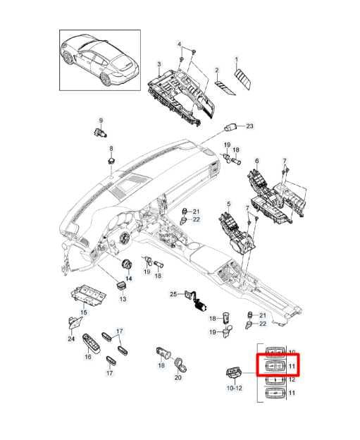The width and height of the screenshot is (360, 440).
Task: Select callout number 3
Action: pos(159,65)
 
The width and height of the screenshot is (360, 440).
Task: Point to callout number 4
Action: pos(180,44)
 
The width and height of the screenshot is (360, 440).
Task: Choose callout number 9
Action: pos(101,120)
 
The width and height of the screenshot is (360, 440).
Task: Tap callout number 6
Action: pos(256,161)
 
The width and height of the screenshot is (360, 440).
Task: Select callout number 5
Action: pos(228,204)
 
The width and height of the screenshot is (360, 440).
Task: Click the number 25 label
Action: pos(173,293)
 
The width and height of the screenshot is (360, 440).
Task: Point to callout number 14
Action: pos(128,279)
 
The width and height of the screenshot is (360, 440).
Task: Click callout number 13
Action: pos(122,299)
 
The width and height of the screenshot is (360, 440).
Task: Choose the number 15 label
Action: pos(83,312)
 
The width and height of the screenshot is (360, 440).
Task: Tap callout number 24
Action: pos(70,339)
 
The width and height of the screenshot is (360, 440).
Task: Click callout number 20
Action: pos(178,378)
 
